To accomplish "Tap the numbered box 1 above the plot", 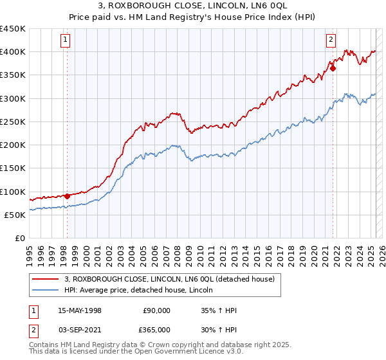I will (66, 40).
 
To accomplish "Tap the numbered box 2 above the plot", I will (331, 40).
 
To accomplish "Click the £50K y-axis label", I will (15, 215).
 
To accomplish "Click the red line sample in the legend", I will (46, 279).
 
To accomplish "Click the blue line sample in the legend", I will (46, 291).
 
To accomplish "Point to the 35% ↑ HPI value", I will (219, 310).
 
